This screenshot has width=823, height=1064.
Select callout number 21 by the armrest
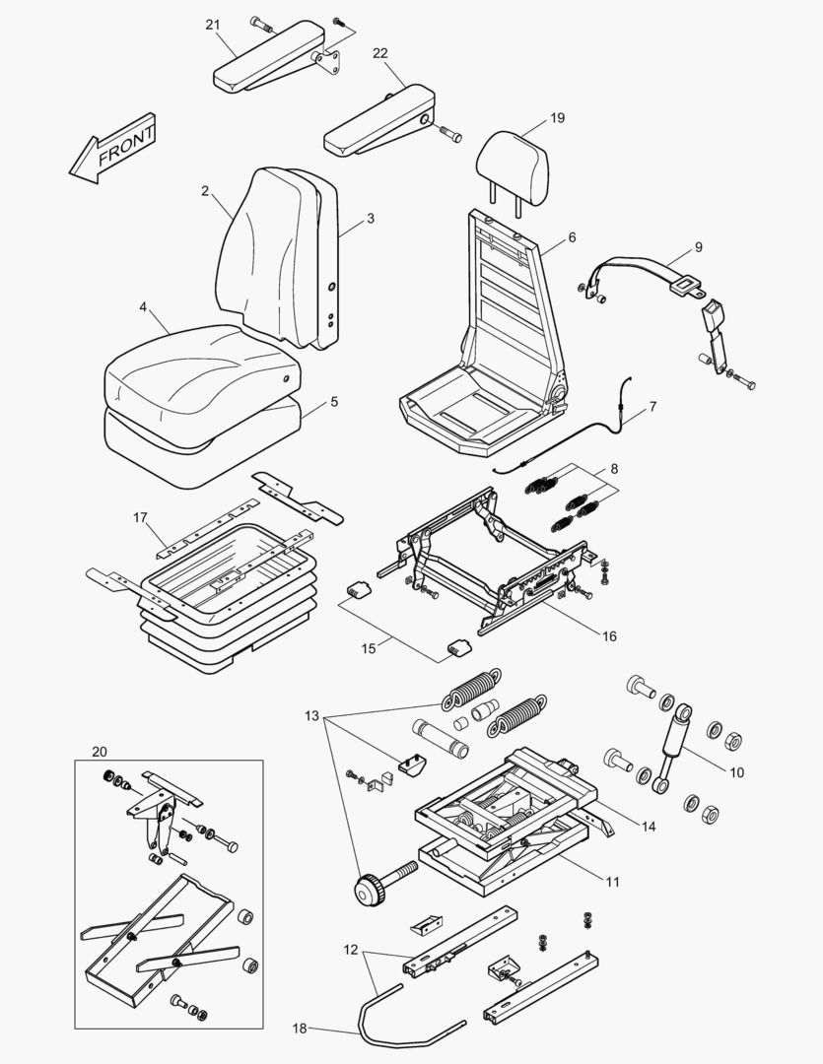click(213, 25)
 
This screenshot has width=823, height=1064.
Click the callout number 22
click(380, 53)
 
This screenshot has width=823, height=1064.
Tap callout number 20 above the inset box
click(99, 751)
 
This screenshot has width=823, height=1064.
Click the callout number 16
click(609, 636)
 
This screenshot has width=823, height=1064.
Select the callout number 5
click(333, 402)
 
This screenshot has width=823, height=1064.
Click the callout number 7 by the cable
click(652, 405)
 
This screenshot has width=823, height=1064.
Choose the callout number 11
click(612, 882)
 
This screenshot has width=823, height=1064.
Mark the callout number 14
click(647, 827)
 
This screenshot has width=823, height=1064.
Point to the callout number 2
click(205, 191)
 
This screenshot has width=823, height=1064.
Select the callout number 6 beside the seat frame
click(572, 237)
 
